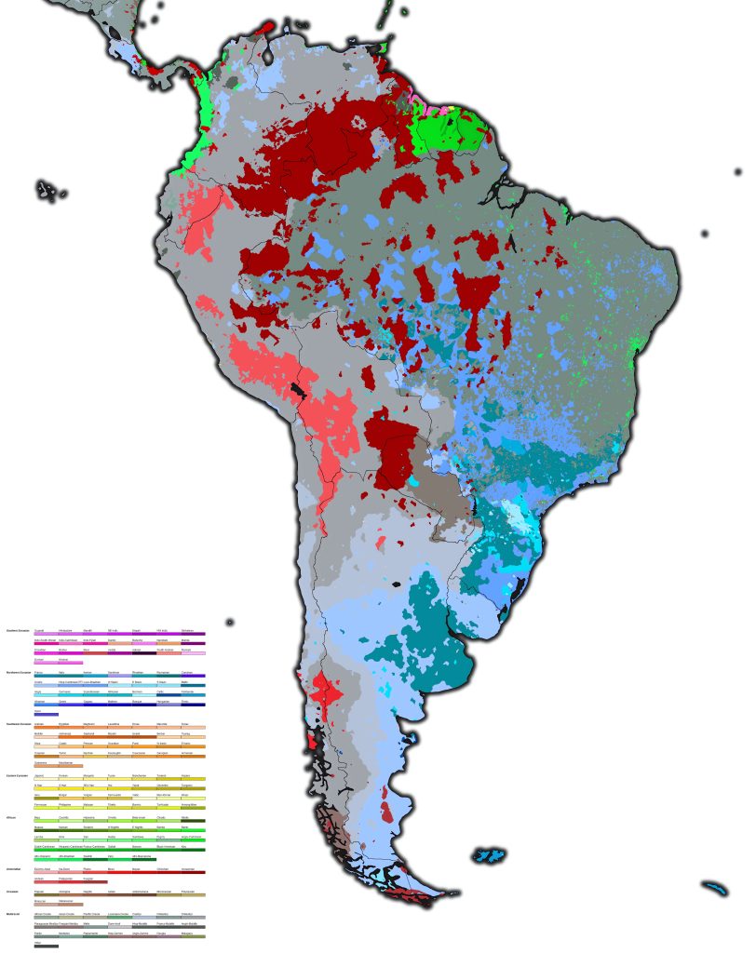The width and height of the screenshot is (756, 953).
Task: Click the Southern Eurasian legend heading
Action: [x=18, y=630]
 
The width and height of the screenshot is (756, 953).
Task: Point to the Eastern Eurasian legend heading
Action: [x=19, y=774]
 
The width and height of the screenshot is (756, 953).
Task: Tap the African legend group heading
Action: [x=12, y=817]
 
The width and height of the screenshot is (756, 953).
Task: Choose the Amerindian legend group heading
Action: [x=14, y=867]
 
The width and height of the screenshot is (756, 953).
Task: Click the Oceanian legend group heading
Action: [x=13, y=891]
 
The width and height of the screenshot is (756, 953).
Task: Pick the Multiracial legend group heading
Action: [x=14, y=914]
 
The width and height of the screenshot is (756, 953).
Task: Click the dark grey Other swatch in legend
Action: [x=46, y=946]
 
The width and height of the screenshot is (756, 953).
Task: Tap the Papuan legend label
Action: [x=39, y=891]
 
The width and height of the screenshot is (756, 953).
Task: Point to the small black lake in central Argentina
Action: [x=398, y=584]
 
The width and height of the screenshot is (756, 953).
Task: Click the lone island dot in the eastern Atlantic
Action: [x=737, y=172]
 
